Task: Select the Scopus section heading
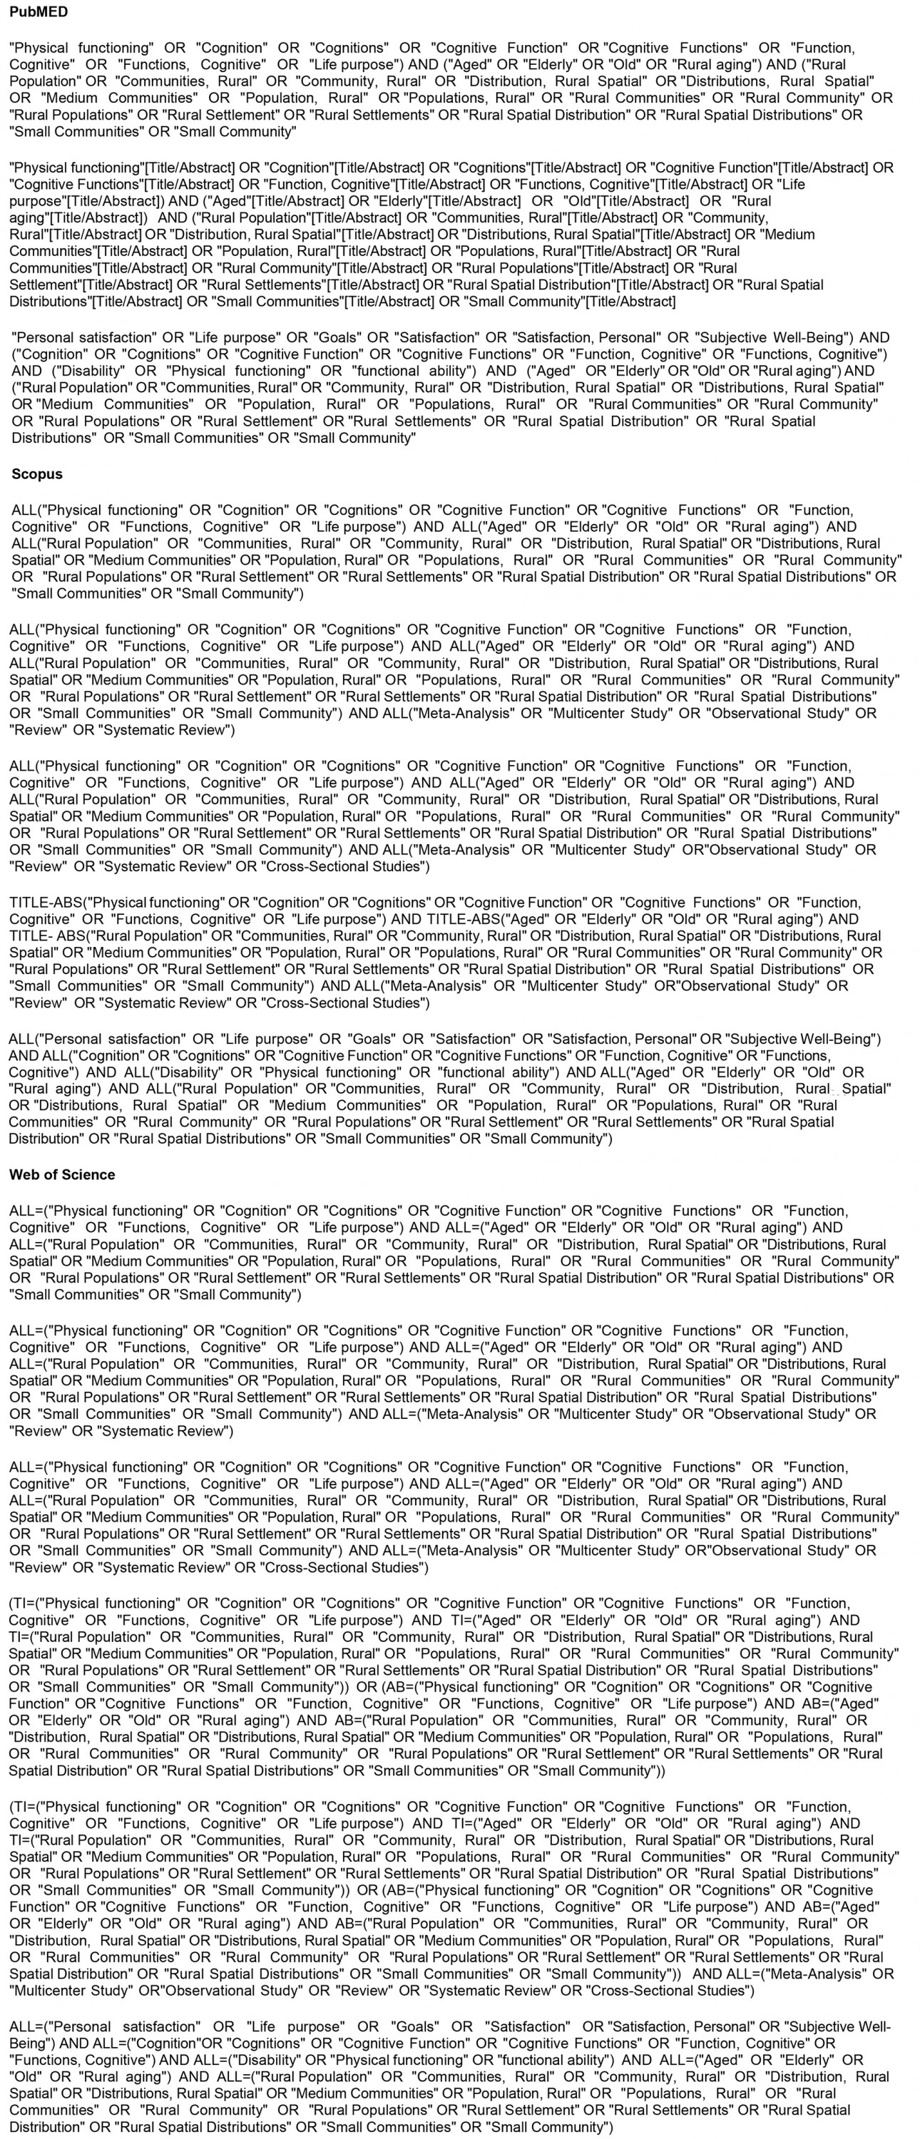click(x=36, y=474)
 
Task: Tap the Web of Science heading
click(x=62, y=1174)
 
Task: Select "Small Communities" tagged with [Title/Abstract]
click(x=279, y=302)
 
